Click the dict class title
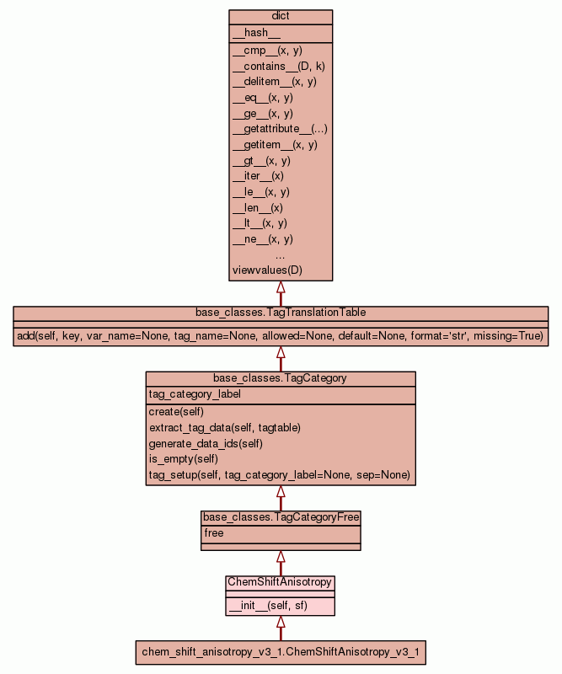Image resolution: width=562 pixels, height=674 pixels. [281, 17]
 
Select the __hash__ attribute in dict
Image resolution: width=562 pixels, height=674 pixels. [250, 33]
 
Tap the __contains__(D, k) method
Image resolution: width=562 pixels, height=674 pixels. [272, 66]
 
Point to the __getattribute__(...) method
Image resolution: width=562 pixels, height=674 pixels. [280, 129]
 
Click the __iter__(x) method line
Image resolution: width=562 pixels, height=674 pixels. [258, 176]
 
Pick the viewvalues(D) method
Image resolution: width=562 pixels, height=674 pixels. [267, 270]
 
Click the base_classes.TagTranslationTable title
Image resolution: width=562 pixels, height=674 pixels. [281, 313]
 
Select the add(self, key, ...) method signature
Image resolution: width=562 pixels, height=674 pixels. [281, 336]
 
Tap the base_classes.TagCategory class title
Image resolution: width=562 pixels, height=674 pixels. [281, 378]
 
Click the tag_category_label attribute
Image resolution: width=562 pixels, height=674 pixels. [195, 394]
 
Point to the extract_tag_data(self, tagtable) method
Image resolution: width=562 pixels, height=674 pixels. [224, 427]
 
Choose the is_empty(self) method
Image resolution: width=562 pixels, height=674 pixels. [183, 459]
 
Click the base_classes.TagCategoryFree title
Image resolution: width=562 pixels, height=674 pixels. [281, 517]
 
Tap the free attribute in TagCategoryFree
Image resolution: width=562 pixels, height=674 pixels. [214, 533]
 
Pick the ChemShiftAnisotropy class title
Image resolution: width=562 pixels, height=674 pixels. [281, 582]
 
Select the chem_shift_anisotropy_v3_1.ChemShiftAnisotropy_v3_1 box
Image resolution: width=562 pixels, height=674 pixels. [281, 652]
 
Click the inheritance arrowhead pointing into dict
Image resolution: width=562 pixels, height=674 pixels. [281, 287]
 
